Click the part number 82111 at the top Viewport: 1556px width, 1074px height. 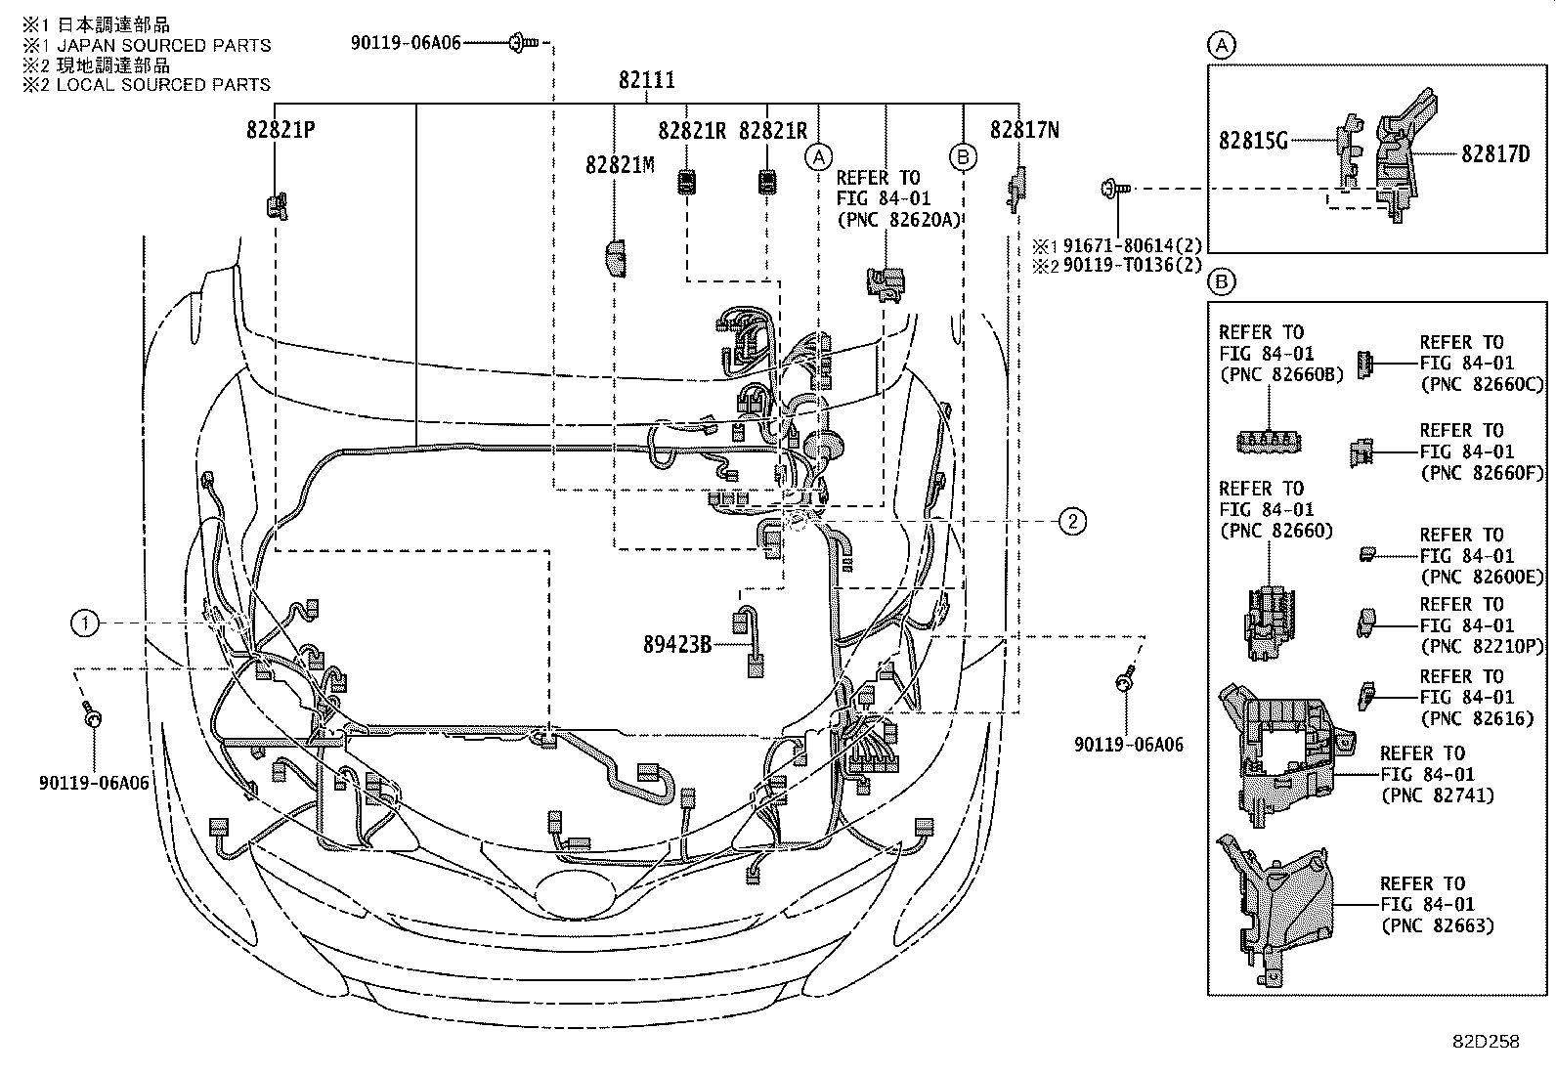click(646, 80)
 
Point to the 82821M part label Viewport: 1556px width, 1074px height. click(620, 165)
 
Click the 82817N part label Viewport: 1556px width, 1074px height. click(1024, 130)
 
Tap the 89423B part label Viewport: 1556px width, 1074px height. click(677, 645)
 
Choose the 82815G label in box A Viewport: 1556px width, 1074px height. click(1253, 141)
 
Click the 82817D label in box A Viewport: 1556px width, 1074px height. click(1495, 153)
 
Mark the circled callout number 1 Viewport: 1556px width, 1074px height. click(85, 623)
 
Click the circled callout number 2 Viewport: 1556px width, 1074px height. click(1072, 521)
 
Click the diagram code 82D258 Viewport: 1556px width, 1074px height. click(1485, 1042)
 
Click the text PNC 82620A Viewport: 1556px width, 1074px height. click(899, 219)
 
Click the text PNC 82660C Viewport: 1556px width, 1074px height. click(1481, 384)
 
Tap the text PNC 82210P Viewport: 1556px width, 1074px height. click(1481, 646)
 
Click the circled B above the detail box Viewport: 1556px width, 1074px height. click(1223, 283)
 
